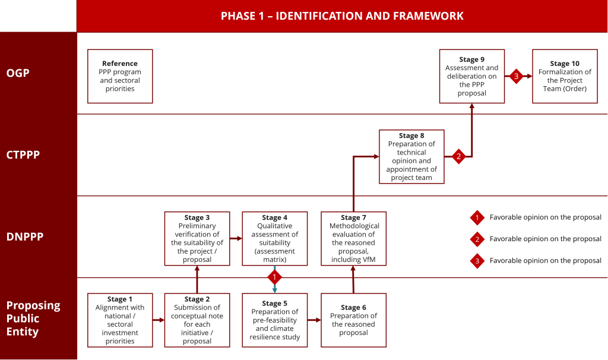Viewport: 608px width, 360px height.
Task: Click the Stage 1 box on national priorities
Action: click(x=120, y=320)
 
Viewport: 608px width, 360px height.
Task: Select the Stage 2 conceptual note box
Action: click(x=197, y=320)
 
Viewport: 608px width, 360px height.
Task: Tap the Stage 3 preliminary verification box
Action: click(x=197, y=238)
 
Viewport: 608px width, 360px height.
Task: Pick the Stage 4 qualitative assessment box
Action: click(x=274, y=238)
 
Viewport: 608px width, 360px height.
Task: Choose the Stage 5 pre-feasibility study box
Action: click(x=275, y=320)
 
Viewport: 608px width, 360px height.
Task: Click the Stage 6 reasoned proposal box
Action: click(x=353, y=320)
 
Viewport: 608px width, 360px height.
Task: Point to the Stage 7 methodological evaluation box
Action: click(x=354, y=238)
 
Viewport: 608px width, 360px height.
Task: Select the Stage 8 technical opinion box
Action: click(x=411, y=156)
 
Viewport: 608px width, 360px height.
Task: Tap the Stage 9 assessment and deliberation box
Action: click(x=472, y=76)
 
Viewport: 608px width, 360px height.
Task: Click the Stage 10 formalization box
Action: click(x=565, y=76)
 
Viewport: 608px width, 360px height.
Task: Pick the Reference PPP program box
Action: click(x=120, y=76)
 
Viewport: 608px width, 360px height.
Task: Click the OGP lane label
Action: click(x=18, y=74)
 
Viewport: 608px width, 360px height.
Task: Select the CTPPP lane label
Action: click(x=23, y=155)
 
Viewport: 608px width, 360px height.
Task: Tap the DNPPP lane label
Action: click(x=24, y=237)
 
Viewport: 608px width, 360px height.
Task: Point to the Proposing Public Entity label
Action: click(x=33, y=318)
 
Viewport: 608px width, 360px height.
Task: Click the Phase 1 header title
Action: click(x=342, y=16)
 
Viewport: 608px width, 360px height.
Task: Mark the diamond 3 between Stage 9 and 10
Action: click(x=516, y=76)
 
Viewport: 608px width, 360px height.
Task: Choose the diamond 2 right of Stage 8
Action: click(x=458, y=157)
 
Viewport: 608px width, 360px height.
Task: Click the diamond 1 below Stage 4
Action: click(x=274, y=277)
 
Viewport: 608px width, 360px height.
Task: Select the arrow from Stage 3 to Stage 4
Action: click(x=236, y=238)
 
